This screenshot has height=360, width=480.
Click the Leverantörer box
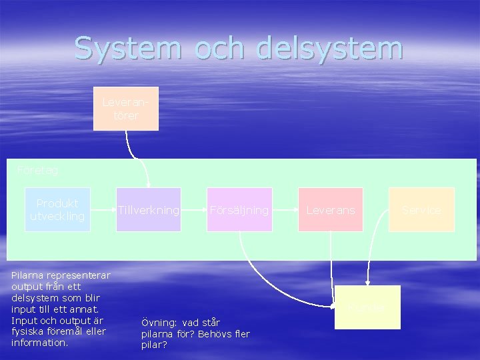click(x=125, y=108)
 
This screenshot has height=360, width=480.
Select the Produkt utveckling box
click(x=57, y=210)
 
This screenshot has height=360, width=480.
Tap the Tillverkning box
click(x=148, y=210)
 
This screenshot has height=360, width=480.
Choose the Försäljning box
click(x=239, y=210)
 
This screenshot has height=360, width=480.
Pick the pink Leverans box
click(x=331, y=210)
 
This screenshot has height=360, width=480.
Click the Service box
click(x=421, y=210)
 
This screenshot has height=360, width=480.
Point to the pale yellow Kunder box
click(x=367, y=307)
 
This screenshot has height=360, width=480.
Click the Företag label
click(x=38, y=171)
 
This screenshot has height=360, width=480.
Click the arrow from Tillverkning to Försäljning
click(x=193, y=210)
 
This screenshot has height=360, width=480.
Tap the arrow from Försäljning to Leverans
click(x=285, y=210)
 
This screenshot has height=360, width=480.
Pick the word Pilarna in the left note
click(x=28, y=274)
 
